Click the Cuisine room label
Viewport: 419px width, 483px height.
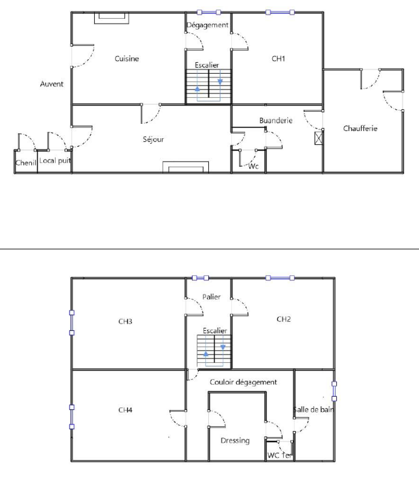click(127, 58)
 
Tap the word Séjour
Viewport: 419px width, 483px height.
click(153, 139)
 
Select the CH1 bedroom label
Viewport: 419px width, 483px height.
click(278, 58)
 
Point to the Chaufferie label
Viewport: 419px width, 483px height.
click(360, 128)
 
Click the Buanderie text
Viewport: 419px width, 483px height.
click(276, 120)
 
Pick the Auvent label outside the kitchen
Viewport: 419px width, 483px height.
click(52, 84)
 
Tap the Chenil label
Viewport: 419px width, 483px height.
click(26, 163)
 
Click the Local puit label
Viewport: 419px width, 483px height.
click(55, 161)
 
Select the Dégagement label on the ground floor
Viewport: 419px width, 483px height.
click(207, 25)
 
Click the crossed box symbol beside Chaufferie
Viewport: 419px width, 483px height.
click(318, 138)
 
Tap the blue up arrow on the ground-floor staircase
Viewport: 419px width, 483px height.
click(197, 89)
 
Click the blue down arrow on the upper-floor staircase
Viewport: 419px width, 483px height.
click(223, 347)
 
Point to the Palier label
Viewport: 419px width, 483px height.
click(211, 297)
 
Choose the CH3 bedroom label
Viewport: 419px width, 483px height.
click(125, 321)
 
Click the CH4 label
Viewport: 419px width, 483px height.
click(125, 410)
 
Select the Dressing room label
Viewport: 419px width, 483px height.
click(235, 441)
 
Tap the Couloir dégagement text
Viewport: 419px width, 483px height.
click(243, 382)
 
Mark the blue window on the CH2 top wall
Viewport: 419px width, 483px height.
click(280, 278)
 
